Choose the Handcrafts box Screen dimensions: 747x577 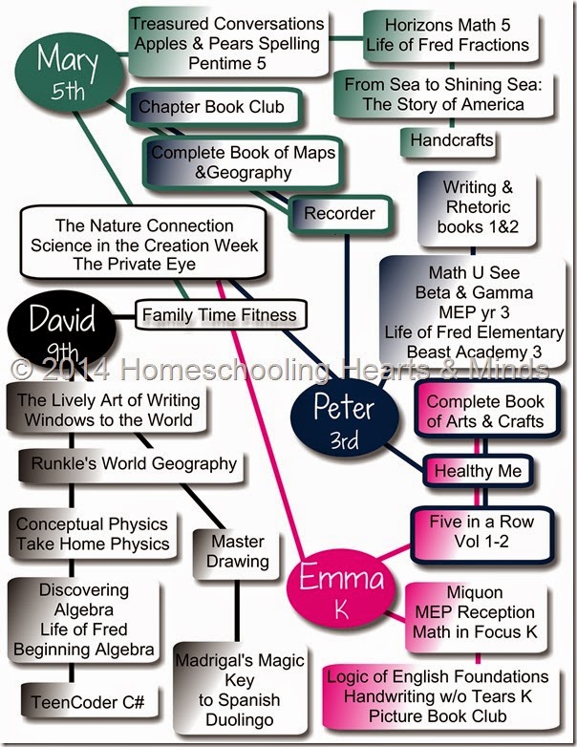pyautogui.click(x=452, y=141)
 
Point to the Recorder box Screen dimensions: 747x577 pyautogui.click(x=339, y=214)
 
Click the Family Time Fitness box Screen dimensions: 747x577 pyautogui.click(x=219, y=313)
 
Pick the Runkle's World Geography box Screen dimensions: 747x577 pyautogui.click(x=128, y=464)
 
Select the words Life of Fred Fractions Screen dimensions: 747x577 pyautogui.click(x=443, y=44)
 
